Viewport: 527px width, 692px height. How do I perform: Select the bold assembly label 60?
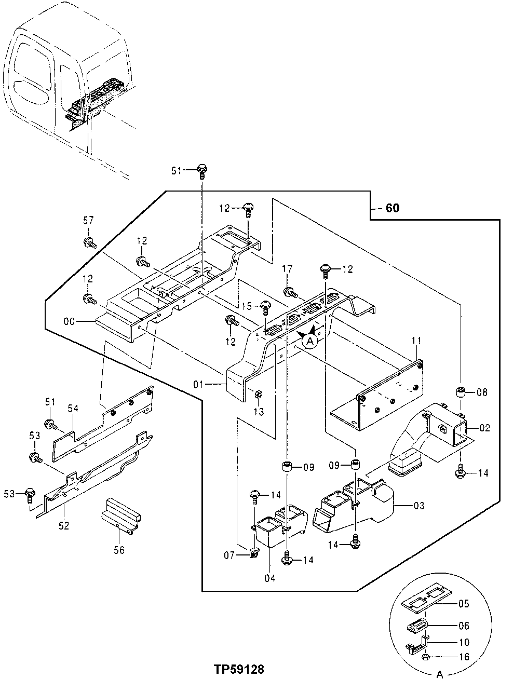click(x=393, y=208)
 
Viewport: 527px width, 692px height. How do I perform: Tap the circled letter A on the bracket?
click(x=310, y=341)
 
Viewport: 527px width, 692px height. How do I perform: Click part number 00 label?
click(x=69, y=321)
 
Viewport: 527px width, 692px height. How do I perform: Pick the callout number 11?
click(x=416, y=340)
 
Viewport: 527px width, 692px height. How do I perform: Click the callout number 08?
click(x=482, y=392)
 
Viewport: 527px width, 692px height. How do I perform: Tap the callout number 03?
click(x=418, y=505)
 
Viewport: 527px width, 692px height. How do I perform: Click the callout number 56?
click(x=119, y=550)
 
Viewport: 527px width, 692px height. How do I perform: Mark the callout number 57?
click(x=88, y=221)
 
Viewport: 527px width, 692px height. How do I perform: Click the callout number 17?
click(x=287, y=268)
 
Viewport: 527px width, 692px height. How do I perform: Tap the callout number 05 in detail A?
click(x=463, y=603)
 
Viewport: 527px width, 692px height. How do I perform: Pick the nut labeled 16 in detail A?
click(x=425, y=657)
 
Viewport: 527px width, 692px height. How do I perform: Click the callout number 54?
click(x=73, y=409)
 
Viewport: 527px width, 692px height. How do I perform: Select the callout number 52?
click(x=64, y=525)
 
